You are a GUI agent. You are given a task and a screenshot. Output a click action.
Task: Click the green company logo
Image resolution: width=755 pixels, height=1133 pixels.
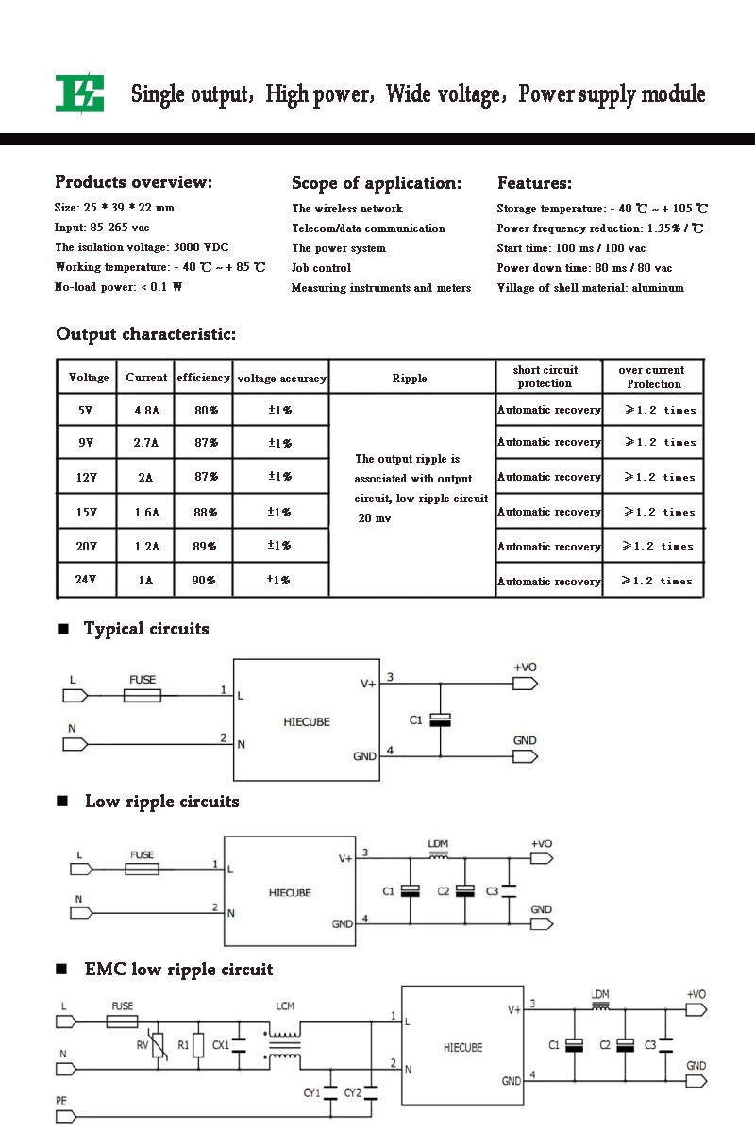point(80,93)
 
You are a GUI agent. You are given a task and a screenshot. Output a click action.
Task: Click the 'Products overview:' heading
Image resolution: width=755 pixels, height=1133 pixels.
point(133,182)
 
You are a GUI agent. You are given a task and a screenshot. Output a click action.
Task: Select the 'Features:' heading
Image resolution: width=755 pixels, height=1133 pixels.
point(534,182)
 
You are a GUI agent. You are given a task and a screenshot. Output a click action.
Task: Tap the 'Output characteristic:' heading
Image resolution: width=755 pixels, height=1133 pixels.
point(145,334)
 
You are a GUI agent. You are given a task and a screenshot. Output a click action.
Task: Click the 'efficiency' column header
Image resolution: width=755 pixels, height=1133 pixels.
point(203,378)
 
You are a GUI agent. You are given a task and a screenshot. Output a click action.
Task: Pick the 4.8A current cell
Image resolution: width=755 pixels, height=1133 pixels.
point(146,410)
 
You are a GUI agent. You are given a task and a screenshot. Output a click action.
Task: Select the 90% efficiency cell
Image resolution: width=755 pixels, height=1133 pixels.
point(203,580)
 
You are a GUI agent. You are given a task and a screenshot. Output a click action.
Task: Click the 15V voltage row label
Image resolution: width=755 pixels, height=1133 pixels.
point(87,513)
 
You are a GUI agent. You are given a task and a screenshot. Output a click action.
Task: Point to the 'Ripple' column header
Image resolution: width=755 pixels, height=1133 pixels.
point(409,379)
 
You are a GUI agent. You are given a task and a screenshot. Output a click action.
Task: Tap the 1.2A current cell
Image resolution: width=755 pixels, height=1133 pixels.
point(146,547)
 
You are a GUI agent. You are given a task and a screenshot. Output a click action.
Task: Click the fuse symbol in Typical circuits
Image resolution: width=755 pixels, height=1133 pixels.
point(143,696)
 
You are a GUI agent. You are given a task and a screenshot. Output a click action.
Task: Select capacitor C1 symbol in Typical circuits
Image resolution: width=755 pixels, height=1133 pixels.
point(440,719)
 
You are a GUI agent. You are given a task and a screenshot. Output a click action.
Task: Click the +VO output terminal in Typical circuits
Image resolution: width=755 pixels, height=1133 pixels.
point(525,684)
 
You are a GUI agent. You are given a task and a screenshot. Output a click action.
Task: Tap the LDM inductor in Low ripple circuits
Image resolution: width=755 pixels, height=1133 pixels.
point(439,856)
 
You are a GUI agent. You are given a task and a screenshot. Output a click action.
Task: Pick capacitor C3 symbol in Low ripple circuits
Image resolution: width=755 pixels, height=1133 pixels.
point(509,891)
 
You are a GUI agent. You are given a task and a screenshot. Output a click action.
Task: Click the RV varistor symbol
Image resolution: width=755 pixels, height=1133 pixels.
point(158,1045)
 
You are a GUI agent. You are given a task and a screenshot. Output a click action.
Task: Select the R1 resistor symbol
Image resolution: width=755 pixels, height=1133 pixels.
point(199,1045)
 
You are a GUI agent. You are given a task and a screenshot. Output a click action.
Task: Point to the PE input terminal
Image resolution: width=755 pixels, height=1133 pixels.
point(66,1116)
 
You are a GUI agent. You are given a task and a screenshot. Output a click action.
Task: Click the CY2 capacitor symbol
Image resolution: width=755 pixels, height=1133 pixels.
point(371,1093)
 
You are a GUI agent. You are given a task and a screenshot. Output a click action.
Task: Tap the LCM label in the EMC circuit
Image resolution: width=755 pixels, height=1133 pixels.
point(285,1006)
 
